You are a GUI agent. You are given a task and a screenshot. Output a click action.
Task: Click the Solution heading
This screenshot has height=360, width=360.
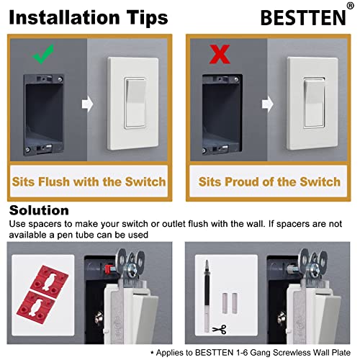coord(40,210)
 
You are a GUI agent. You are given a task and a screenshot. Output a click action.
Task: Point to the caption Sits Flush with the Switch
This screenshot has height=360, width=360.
coord(89,181)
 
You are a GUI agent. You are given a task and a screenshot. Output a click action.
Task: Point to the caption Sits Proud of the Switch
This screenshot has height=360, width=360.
coord(270,181)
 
